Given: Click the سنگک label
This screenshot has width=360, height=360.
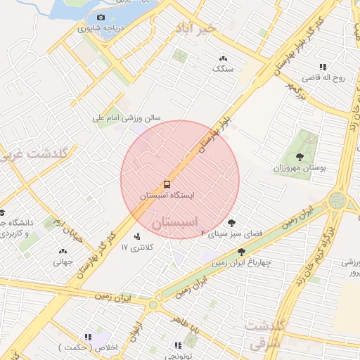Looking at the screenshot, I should (x=224, y=70).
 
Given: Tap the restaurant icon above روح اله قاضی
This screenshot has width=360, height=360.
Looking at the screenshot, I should (x=323, y=67).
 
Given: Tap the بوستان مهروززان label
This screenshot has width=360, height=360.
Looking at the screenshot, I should (x=300, y=169).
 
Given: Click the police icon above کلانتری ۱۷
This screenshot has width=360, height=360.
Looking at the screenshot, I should (x=136, y=236).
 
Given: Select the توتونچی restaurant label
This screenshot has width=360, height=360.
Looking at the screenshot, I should (x=179, y=356).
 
